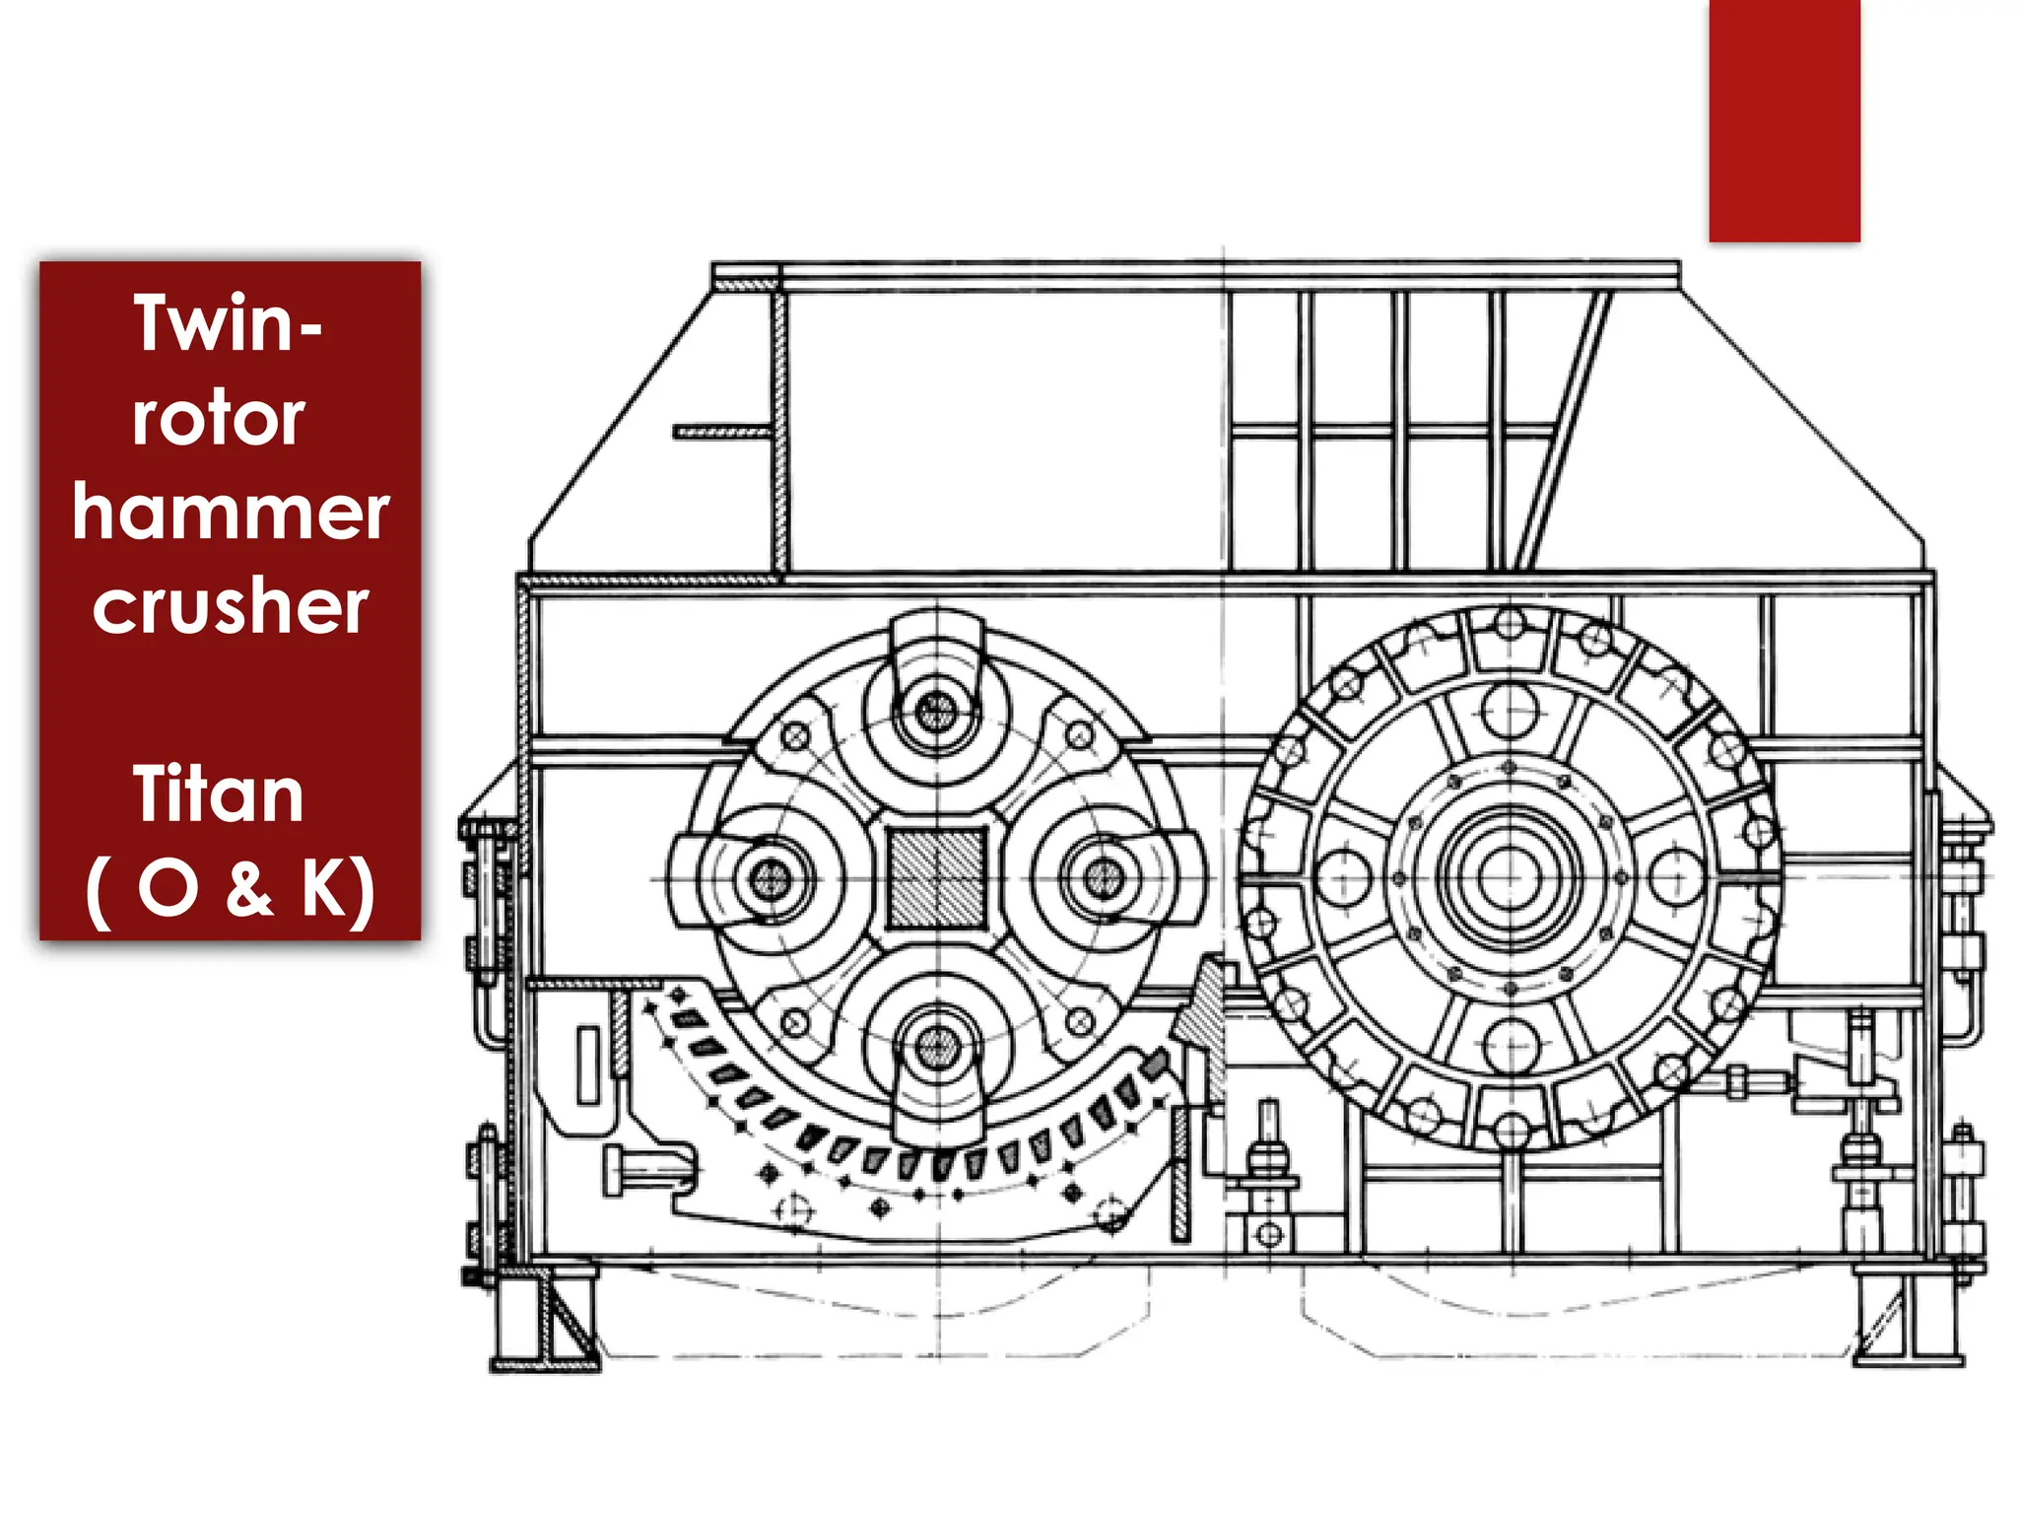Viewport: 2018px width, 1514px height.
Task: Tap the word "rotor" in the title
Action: tap(219, 418)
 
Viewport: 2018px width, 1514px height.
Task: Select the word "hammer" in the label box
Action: tap(231, 513)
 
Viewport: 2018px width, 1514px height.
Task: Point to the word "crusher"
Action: tap(231, 605)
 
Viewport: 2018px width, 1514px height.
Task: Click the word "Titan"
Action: tap(219, 794)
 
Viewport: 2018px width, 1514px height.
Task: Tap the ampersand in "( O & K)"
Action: tap(248, 887)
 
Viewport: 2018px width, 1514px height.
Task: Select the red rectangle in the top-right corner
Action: tap(1783, 120)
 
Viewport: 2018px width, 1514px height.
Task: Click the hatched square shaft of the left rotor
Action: tap(936, 878)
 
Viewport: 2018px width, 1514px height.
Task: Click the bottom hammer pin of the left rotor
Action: tap(936, 1048)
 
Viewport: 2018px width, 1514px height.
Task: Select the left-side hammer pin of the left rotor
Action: tap(770, 878)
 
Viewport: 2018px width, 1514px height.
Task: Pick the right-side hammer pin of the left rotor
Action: tap(1103, 878)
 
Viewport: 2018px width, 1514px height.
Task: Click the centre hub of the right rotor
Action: tap(1509, 876)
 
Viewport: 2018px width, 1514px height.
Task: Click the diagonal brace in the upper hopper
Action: tap(1565, 429)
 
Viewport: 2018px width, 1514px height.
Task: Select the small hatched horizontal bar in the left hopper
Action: tap(721, 432)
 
